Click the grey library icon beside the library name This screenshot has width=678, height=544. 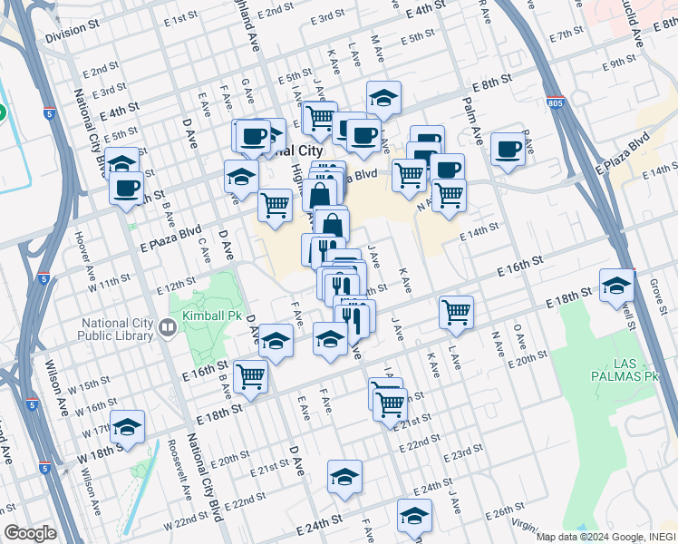point(168,327)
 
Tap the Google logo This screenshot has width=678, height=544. point(29,533)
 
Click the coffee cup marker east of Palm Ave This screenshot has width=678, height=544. point(508,149)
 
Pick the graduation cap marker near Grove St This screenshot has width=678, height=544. point(616,285)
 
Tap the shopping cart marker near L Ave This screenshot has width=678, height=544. point(456,312)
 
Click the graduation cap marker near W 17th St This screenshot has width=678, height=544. point(129,426)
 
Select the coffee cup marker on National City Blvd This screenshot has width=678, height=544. point(126,188)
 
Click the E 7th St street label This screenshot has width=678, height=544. point(567,34)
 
